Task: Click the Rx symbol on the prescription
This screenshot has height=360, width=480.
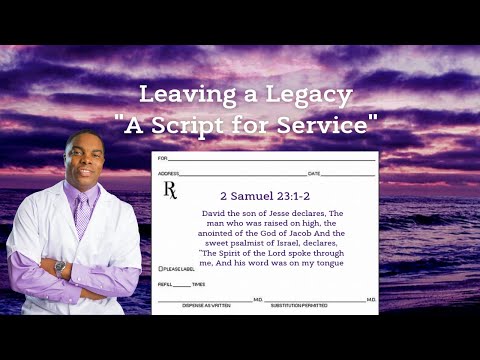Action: click(x=169, y=190)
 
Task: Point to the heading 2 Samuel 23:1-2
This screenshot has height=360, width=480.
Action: click(x=265, y=196)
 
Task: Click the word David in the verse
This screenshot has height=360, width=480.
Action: click(x=204, y=214)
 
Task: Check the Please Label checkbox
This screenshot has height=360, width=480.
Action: click(x=161, y=269)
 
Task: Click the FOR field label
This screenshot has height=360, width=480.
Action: click(x=162, y=158)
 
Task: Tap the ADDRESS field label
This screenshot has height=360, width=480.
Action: click(x=167, y=174)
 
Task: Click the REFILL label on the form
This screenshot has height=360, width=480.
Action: click(x=165, y=285)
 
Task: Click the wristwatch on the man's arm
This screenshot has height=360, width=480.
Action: click(x=60, y=268)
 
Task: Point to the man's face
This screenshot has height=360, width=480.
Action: click(x=83, y=160)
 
